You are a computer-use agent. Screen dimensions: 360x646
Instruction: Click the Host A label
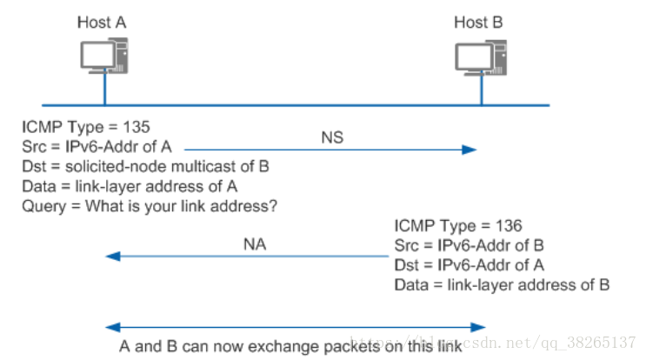coord(101,23)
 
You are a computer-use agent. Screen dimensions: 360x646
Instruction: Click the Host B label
coord(478,23)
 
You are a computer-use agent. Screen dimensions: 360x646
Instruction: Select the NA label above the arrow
coord(254,244)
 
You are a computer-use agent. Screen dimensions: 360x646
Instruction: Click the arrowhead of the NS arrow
coord(470,150)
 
